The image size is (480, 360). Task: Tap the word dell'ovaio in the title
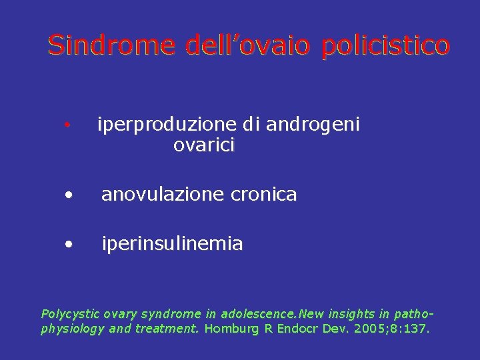pos(247,45)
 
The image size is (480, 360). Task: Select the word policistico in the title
pos(385,45)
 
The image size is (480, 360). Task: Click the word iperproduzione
pos(167,125)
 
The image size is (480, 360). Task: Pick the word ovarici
pos(204,145)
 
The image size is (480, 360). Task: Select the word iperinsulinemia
pos(172,244)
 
